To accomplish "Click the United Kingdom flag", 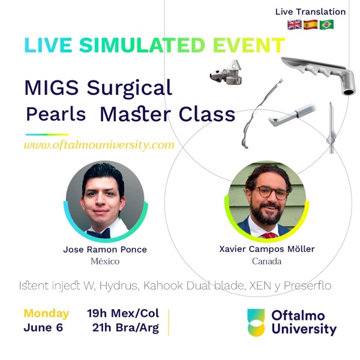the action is coord(295,25).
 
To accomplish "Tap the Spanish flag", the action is coord(311,25).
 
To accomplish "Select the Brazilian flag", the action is coord(326,25).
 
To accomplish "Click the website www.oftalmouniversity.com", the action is coord(99,145).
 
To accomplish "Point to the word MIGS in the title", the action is coord(52,88).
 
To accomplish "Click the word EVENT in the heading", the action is coord(249,45).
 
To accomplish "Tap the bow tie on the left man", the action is coord(98,234).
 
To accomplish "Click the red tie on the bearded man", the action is coord(269,235).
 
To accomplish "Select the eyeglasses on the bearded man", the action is coord(271,192).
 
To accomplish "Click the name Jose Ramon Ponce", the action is coord(105,250).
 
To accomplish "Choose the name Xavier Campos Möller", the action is coord(267,249).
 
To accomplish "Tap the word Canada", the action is coord(266,261).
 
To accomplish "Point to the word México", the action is coord(105,261).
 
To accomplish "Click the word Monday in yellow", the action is coord(46,314).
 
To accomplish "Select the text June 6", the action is coord(43,328).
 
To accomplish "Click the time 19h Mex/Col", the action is coord(123,313).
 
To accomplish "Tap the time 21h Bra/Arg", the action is coord(125,328).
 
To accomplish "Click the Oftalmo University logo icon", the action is coord(256,323).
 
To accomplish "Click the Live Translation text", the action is coord(310,12).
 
